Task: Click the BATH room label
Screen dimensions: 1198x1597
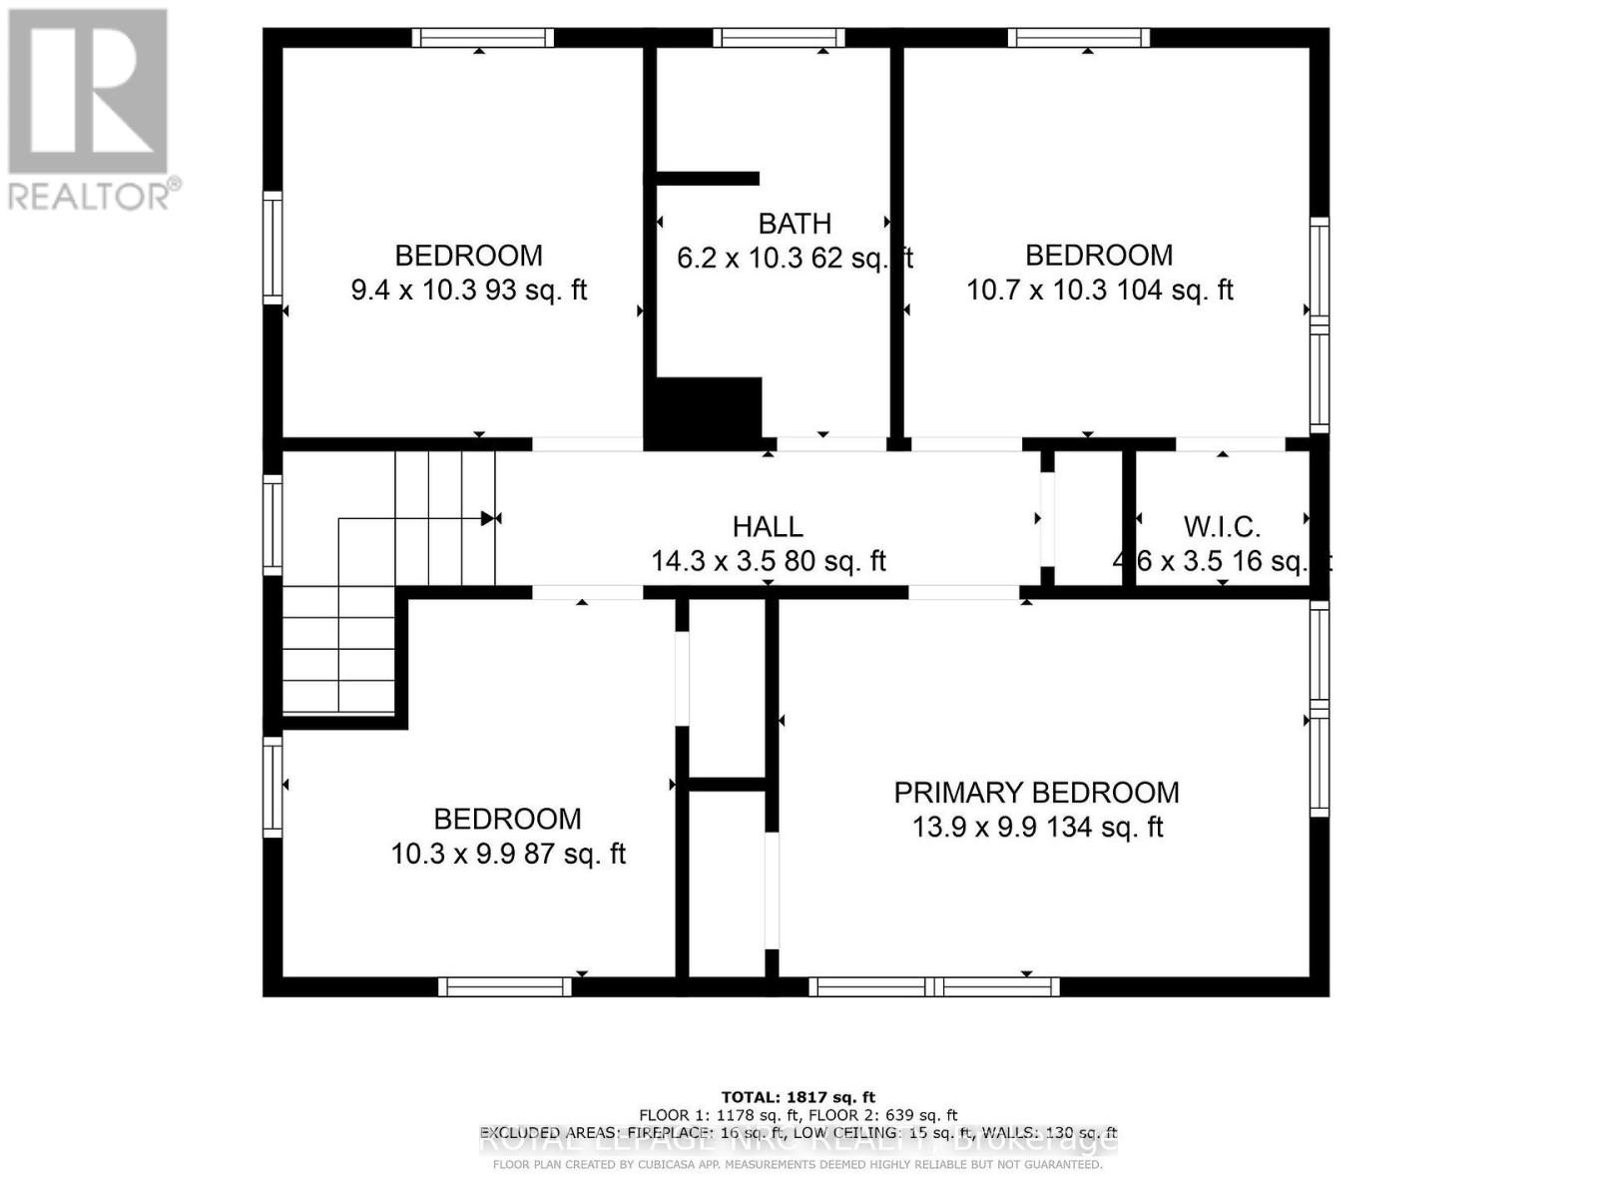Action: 795,224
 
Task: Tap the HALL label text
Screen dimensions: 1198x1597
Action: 768,526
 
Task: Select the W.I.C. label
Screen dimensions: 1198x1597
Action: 1222,526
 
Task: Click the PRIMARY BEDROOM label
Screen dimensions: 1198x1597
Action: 1036,793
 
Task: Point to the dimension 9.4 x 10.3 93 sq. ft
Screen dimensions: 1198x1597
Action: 468,291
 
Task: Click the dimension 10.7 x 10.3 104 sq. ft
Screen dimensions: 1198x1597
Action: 1099,291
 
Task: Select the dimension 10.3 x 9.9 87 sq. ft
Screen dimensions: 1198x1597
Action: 508,855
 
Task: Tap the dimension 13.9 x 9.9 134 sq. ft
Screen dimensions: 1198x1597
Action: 1037,828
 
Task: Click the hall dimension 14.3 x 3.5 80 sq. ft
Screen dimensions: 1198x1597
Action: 768,561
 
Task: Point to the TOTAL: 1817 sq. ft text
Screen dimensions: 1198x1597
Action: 798,1097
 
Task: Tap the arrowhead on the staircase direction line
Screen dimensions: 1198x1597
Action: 487,518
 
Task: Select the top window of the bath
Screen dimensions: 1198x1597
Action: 779,38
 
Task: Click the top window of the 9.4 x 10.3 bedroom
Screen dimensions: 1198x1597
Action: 483,38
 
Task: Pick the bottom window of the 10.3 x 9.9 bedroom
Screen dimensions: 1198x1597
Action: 505,986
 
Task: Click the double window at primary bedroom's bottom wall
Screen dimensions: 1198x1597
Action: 933,986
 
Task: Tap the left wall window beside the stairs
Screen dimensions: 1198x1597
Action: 272,525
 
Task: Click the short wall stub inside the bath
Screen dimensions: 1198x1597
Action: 707,179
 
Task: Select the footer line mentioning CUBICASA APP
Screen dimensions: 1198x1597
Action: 798,1165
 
